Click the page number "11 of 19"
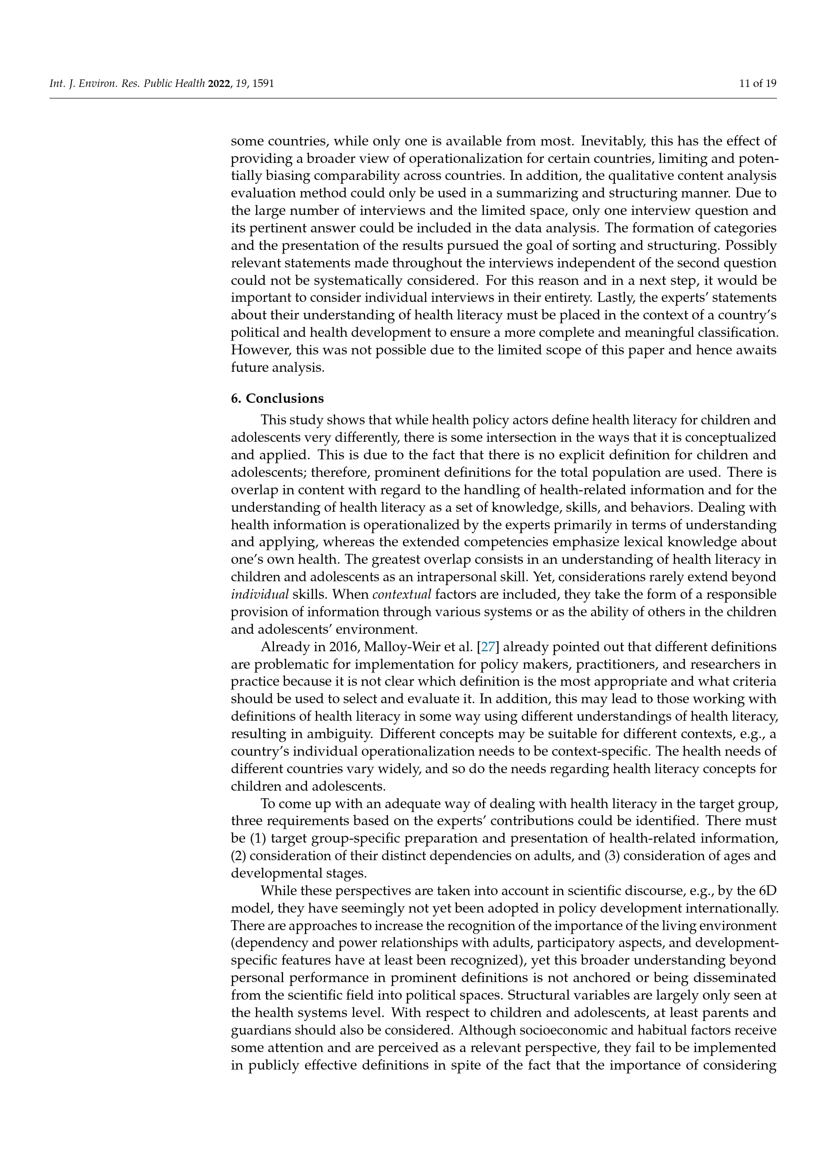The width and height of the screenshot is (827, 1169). tap(757, 83)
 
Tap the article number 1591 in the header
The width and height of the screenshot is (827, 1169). tap(263, 83)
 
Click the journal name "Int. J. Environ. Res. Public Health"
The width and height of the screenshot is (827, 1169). tap(127, 83)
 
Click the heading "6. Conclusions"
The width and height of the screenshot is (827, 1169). tap(277, 398)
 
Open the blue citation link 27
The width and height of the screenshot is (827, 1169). tap(488, 647)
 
